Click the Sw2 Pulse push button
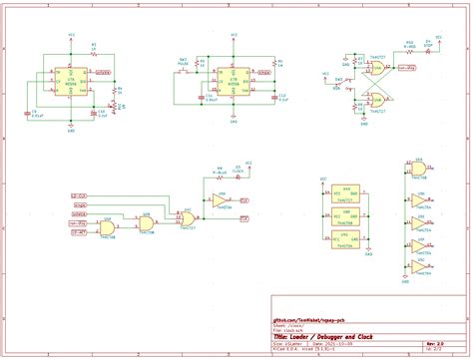tap(184, 67)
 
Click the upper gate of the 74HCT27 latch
tap(378, 69)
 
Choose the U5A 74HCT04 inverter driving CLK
tap(220, 201)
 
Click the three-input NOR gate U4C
tap(186, 216)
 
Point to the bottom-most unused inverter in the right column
tap(418, 268)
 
